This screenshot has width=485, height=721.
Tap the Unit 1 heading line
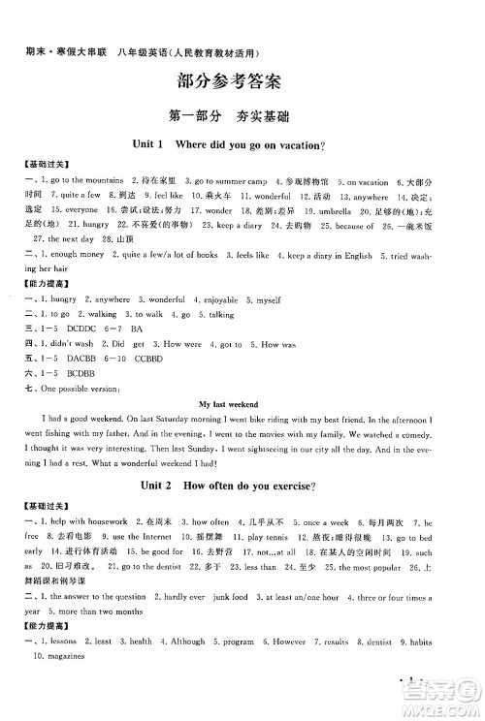242,144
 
